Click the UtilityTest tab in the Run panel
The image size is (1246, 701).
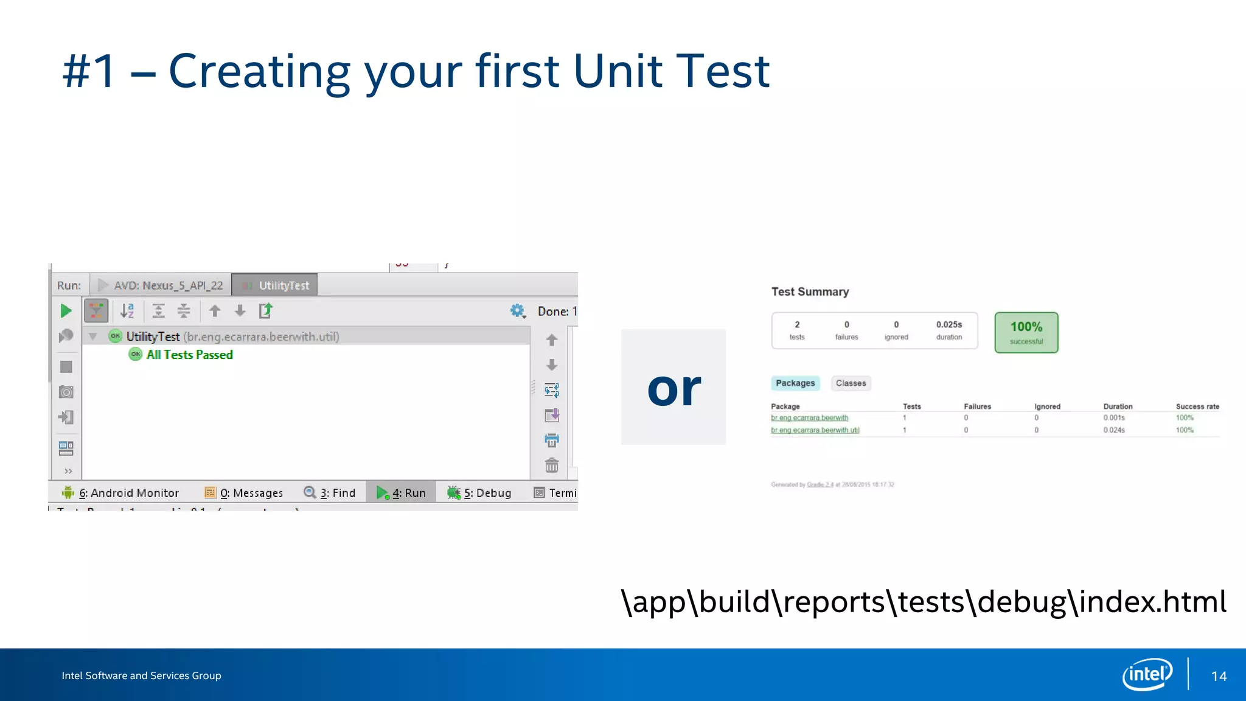click(x=275, y=285)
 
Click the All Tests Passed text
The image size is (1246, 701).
click(x=189, y=355)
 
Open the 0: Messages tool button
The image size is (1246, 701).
click(x=244, y=493)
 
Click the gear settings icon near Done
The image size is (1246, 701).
click(x=517, y=311)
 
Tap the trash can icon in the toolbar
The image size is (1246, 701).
click(x=552, y=466)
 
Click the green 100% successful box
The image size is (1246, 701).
click(x=1026, y=332)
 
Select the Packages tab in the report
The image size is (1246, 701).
click(x=795, y=383)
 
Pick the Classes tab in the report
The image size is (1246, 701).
click(x=851, y=383)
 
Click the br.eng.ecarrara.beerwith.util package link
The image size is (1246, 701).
click(x=815, y=430)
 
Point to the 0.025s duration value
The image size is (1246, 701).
click(x=948, y=325)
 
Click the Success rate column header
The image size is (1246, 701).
click(x=1197, y=406)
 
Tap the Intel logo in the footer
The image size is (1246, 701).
click(x=1147, y=674)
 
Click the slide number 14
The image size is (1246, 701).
click(x=1219, y=676)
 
